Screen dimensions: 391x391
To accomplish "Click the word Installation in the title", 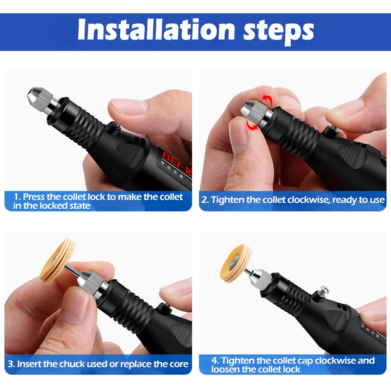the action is click(x=156, y=29).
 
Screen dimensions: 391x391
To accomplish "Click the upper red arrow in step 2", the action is click(x=267, y=100).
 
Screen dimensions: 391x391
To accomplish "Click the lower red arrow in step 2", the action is click(x=252, y=125).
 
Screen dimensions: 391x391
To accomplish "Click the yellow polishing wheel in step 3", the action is click(x=57, y=261).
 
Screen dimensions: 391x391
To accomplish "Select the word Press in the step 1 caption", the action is click(x=34, y=197).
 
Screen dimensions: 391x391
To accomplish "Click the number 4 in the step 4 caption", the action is click(x=215, y=361).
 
